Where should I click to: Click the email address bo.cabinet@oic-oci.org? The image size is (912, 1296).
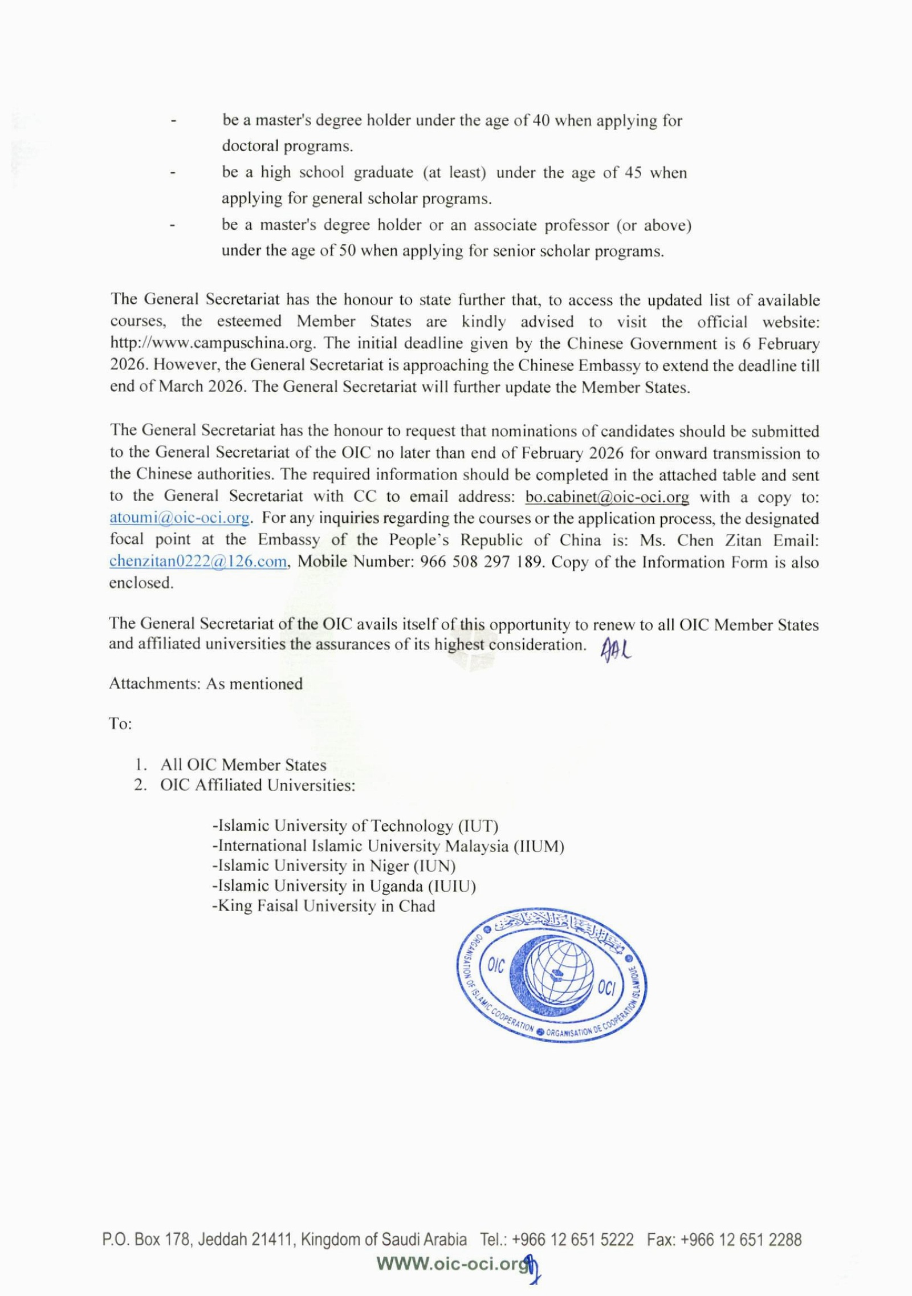(607, 497)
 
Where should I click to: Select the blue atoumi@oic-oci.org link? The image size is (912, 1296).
(180, 518)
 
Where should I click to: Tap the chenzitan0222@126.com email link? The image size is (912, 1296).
(198, 562)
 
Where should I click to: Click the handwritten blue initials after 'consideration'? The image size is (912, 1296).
(615, 649)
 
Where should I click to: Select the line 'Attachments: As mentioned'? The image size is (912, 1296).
(206, 683)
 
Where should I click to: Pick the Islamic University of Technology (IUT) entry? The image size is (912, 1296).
(355, 826)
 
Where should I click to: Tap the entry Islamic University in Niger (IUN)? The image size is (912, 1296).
(334, 866)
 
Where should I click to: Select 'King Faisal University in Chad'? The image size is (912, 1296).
(324, 905)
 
